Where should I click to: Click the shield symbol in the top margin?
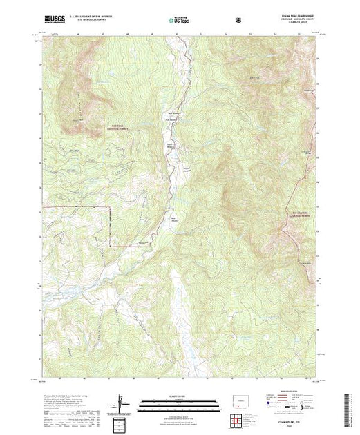(238, 21)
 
